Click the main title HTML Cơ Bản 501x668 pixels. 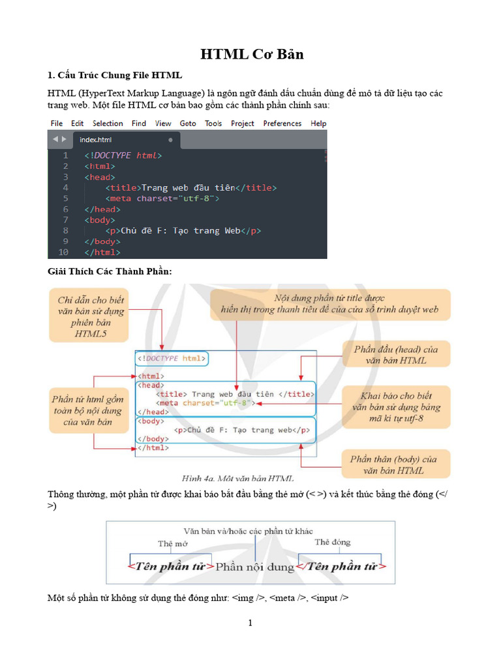click(251, 55)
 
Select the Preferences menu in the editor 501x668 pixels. click(282, 123)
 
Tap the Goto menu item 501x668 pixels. click(188, 123)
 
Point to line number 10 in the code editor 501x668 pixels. click(63, 252)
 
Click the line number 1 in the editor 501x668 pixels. click(65, 156)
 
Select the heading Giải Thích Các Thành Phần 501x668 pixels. click(110, 271)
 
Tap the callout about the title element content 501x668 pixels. click(330, 303)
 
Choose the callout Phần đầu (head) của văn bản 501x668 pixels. click(396, 355)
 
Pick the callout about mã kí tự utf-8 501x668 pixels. click(396, 406)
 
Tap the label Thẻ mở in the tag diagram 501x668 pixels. click(172, 543)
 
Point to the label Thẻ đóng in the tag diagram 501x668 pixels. click(332, 542)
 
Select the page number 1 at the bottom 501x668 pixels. click(250, 623)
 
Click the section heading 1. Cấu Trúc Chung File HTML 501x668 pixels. click(115, 75)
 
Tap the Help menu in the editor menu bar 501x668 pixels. click(318, 123)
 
